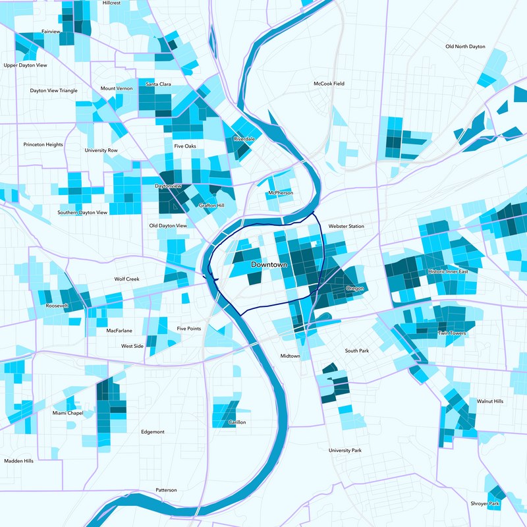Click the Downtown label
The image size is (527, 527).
(x=269, y=264)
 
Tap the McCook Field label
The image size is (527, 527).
(x=329, y=84)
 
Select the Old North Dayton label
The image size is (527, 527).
(x=465, y=47)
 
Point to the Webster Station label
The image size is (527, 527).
(x=346, y=226)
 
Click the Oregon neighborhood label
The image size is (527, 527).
(x=354, y=288)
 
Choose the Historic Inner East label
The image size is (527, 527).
(x=448, y=271)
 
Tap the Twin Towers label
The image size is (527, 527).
(x=451, y=333)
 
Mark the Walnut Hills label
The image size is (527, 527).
(x=489, y=401)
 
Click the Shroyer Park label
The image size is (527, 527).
(x=485, y=504)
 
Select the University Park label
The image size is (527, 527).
(x=345, y=451)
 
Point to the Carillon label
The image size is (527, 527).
(x=236, y=422)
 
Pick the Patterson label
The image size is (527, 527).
(x=166, y=490)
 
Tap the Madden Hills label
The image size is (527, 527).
(x=18, y=461)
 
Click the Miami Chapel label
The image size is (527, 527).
(x=68, y=413)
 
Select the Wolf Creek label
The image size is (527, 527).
(x=127, y=279)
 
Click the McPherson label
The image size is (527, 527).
(x=281, y=193)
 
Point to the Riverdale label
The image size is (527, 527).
(x=244, y=139)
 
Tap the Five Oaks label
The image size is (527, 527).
(x=184, y=146)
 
